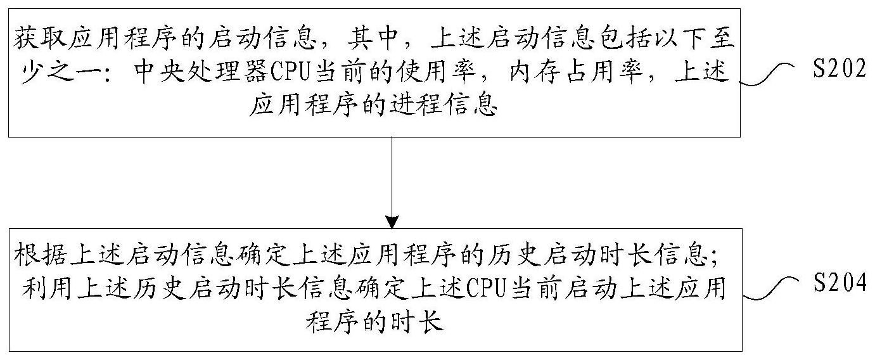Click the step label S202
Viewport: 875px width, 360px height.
(838, 70)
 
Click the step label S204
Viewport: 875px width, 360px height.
(838, 285)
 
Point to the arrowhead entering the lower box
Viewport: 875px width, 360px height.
(392, 222)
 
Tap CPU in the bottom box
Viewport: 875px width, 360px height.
(485, 291)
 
